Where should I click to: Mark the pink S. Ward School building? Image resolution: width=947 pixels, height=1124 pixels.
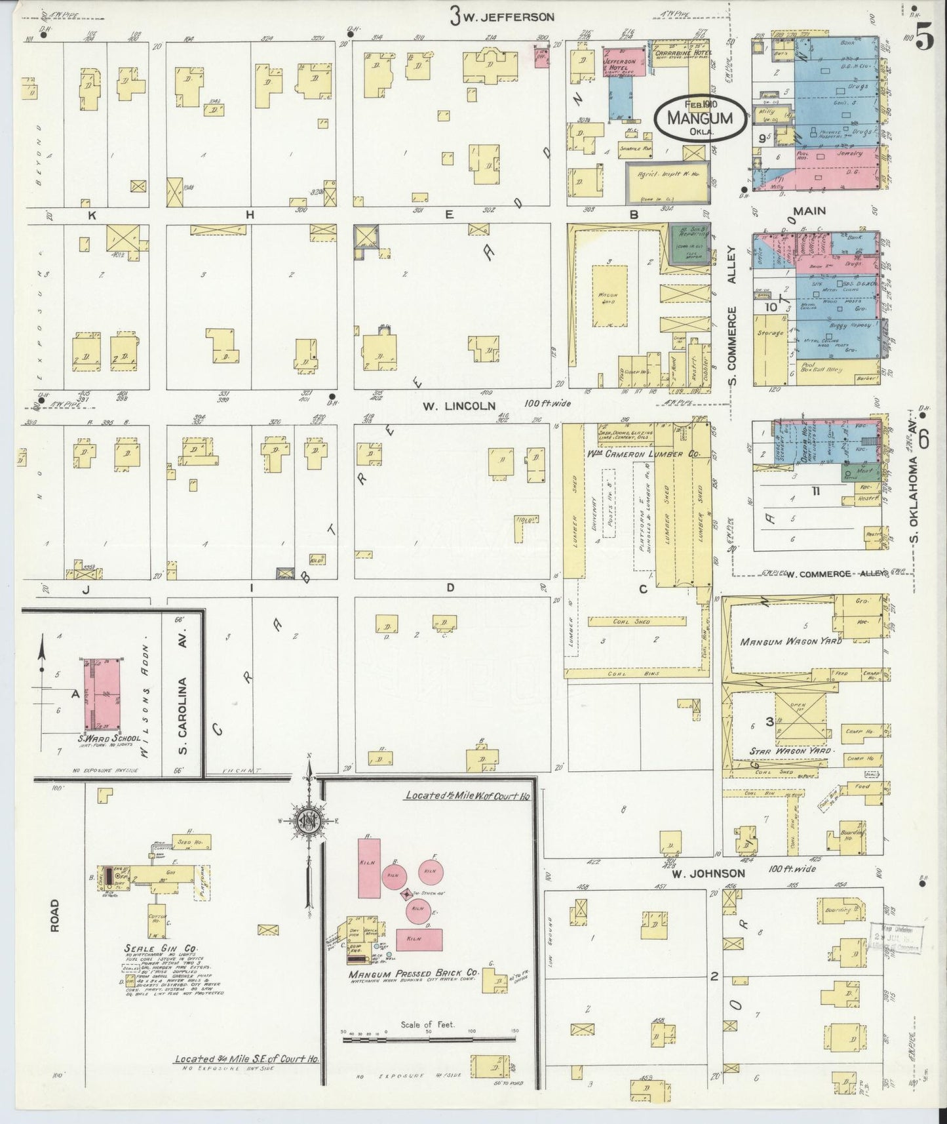104,695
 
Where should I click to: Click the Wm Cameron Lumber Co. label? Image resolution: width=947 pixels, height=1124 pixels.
645,454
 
